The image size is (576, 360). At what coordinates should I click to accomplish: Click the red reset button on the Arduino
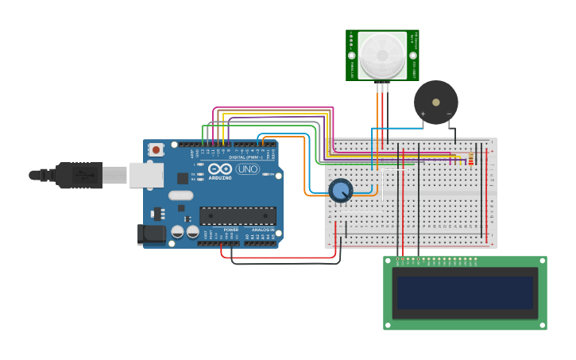click(x=156, y=149)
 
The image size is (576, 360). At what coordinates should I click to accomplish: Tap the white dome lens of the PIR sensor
click(x=382, y=55)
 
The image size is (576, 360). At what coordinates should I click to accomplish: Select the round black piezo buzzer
click(x=435, y=103)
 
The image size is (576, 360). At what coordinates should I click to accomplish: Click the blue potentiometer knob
click(x=341, y=191)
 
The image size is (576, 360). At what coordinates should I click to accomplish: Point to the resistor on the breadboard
click(x=470, y=160)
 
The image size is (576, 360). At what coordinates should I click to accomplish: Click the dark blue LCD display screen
click(x=465, y=292)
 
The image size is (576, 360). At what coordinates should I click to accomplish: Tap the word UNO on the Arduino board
click(x=248, y=169)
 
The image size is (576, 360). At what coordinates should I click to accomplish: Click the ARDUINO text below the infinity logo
click(x=220, y=178)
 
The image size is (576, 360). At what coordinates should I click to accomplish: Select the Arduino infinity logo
click(x=219, y=168)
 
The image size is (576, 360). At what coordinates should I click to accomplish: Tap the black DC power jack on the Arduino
click(x=151, y=234)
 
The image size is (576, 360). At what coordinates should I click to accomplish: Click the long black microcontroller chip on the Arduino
click(x=238, y=215)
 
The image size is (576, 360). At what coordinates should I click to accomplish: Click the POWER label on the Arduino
click(x=230, y=230)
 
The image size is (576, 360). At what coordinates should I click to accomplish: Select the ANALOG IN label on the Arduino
click(x=263, y=230)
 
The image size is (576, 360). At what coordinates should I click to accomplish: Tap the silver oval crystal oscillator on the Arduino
click(x=180, y=195)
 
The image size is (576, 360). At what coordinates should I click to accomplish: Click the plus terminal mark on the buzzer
click(x=423, y=114)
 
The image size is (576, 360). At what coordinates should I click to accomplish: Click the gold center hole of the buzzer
click(x=435, y=103)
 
